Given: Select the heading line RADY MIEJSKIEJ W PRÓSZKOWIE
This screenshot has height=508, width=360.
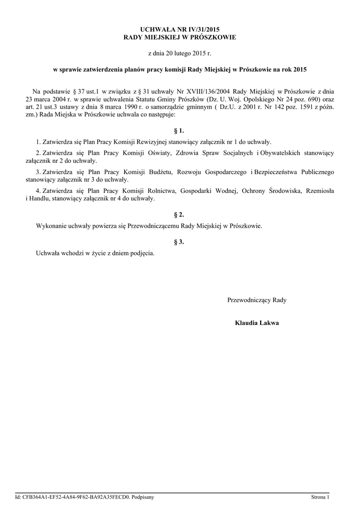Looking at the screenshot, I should tap(180, 38).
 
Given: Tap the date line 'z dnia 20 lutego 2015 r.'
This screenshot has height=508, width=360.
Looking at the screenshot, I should tap(180, 53).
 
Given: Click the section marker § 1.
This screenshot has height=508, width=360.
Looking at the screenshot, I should tap(179, 131).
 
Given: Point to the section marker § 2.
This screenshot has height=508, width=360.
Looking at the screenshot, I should tap(179, 215).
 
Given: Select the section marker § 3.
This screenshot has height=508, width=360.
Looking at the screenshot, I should tap(179, 242).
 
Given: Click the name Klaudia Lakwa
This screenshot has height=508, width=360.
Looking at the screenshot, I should tap(257, 323).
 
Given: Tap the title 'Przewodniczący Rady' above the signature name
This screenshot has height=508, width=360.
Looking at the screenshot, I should tap(257, 300).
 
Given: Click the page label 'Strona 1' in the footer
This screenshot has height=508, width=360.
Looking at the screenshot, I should tap(320, 497).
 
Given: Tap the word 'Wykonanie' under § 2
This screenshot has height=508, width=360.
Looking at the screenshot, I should tap(52, 226).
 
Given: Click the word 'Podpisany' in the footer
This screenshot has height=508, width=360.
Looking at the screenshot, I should tap(143, 497).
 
